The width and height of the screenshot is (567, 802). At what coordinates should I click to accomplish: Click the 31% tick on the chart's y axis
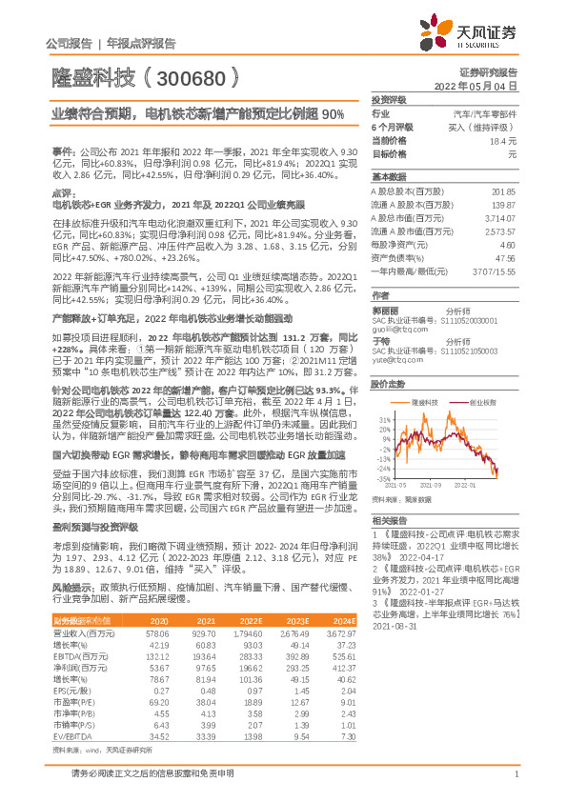click(x=383, y=418)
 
